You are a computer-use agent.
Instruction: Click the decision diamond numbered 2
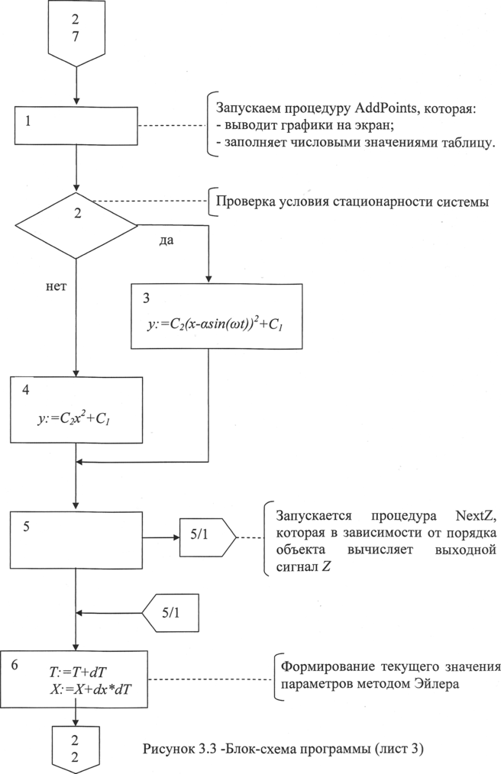point(77,224)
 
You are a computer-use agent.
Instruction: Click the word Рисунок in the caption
point(169,749)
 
